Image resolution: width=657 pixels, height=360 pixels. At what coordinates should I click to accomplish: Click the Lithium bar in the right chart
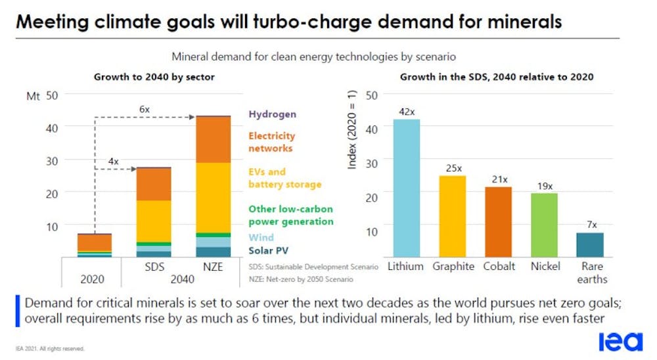tap(407, 188)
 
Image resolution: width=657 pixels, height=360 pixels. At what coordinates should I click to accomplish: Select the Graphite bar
tap(453, 216)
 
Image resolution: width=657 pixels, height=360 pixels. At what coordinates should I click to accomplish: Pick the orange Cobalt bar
tap(498, 222)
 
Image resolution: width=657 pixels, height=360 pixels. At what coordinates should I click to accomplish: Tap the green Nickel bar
tap(544, 225)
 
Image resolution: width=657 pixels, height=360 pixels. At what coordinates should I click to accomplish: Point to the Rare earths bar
tap(590, 244)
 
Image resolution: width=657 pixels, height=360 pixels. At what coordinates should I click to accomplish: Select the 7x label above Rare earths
tap(591, 225)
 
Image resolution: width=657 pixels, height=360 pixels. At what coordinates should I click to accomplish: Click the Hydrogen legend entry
tap(272, 114)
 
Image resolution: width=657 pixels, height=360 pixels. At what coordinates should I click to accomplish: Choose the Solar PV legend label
tap(268, 250)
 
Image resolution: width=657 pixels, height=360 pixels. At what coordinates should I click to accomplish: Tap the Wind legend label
tap(261, 237)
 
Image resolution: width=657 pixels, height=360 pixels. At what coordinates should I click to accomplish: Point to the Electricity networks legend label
tap(271, 142)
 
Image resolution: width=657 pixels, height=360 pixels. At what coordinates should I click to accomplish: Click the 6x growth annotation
tap(146, 110)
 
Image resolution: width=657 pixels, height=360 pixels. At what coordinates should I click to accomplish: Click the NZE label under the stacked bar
tap(214, 267)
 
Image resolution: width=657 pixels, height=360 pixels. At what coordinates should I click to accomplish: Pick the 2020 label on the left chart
tap(92, 279)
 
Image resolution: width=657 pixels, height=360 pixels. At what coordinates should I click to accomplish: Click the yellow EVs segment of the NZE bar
tap(214, 197)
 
